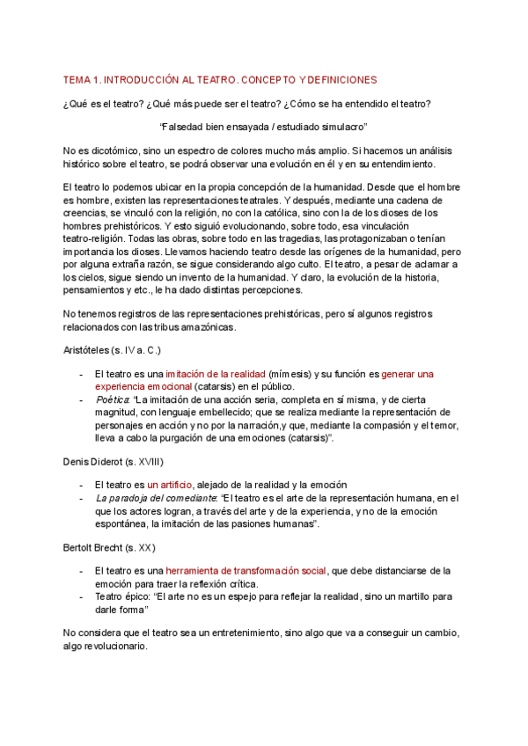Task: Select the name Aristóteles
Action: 90,350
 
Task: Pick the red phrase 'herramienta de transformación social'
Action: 246,571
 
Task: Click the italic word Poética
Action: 111,399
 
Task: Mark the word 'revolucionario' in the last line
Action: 106,646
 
